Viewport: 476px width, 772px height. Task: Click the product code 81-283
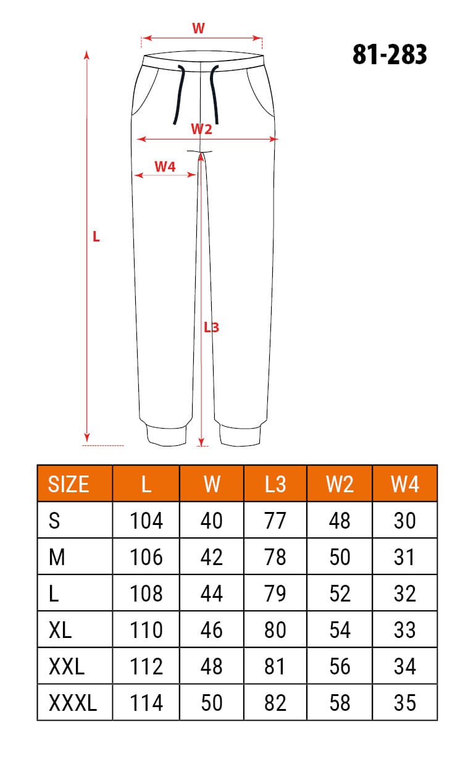390,55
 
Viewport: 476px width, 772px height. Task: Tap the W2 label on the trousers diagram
201,129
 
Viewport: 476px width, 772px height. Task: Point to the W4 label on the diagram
165,166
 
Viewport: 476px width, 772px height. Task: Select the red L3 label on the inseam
212,328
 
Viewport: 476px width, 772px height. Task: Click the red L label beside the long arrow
96,237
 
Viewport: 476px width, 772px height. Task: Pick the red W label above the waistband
198,28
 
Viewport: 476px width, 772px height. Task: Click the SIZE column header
69,484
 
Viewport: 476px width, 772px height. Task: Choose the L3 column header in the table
275,484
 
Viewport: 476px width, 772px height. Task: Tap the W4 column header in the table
405,484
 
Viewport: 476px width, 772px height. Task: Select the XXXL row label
72,703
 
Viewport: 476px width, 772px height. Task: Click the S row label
54,521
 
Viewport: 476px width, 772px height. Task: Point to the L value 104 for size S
146,521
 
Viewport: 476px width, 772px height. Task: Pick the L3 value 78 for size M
275,557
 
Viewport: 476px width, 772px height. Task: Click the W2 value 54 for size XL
340,630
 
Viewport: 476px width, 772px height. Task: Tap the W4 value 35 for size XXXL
405,703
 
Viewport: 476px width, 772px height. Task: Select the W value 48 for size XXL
212,666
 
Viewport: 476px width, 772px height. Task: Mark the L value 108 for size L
146,594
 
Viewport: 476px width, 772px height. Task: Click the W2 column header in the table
340,484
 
